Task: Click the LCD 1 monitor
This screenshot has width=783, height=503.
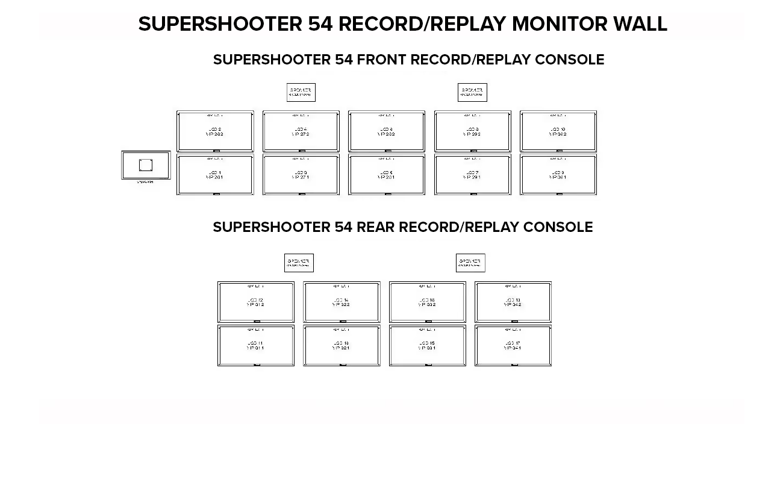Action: coord(215,175)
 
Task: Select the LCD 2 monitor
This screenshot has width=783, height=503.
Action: coord(215,131)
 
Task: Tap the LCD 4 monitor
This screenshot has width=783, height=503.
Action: coord(301,131)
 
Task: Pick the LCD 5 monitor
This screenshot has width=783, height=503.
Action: coord(387,175)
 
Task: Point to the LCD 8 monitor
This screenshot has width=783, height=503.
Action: coord(473,131)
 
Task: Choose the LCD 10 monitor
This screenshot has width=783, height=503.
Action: coord(558,131)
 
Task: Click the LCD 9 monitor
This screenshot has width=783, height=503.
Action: coord(558,175)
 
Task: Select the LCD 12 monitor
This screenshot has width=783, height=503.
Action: coord(256,302)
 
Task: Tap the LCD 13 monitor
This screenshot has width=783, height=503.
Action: coord(342,346)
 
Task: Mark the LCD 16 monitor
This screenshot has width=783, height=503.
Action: coord(428,302)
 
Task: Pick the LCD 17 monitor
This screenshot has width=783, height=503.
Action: coord(513,346)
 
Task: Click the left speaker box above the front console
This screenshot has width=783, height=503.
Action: coord(301,92)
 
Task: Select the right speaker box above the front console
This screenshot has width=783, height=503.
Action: coord(472,92)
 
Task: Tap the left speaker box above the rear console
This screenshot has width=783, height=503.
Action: coord(299,263)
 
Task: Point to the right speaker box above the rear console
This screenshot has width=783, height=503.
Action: coord(470,263)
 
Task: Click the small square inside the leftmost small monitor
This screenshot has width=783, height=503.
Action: coord(146,165)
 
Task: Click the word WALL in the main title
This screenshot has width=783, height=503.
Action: coord(640,24)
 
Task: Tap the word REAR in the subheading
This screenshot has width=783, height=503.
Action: coord(375,227)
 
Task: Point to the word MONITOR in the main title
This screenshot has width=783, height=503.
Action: coord(560,24)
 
